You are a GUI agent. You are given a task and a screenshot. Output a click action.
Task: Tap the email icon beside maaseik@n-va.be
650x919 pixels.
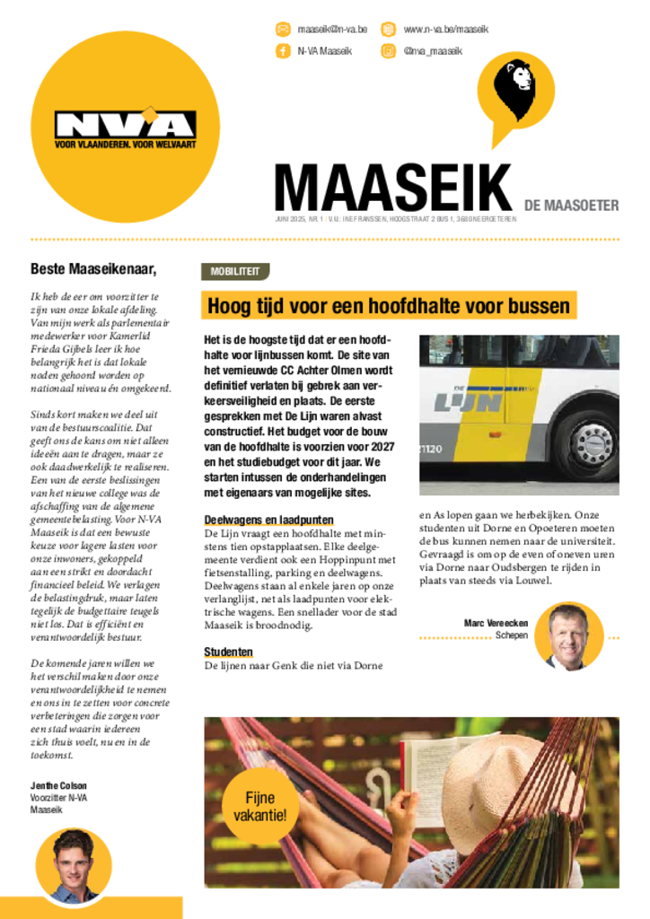point(283,29)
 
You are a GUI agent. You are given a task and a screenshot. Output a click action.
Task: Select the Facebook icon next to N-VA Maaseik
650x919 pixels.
point(283,51)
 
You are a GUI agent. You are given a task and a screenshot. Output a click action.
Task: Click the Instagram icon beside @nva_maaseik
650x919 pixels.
point(388,51)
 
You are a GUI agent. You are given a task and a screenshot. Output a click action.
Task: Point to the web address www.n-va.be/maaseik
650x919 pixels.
point(445,30)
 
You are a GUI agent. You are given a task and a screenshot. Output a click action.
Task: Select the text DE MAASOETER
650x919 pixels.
point(571,206)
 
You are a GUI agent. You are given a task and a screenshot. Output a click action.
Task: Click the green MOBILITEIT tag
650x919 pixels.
point(235,270)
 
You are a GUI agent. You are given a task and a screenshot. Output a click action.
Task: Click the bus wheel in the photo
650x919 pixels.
point(588,443)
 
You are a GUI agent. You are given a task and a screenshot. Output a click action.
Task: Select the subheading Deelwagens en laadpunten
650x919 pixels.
point(268,521)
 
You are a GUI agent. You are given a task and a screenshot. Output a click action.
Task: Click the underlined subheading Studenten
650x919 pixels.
point(228,652)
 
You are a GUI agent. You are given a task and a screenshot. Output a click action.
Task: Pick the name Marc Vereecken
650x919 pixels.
point(496,623)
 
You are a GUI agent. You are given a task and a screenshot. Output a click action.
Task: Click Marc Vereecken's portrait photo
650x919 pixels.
point(568,636)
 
